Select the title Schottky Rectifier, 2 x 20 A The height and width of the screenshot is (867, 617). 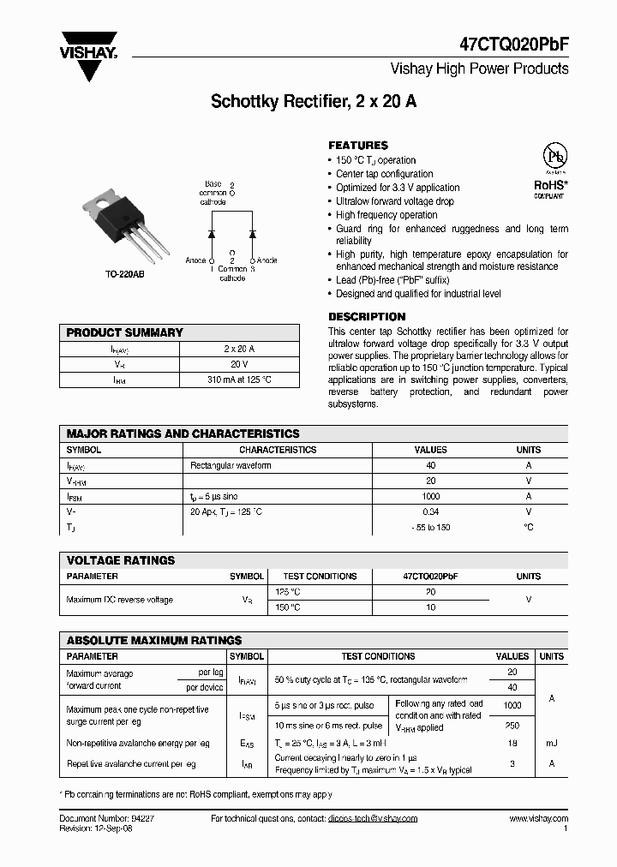[x=314, y=101]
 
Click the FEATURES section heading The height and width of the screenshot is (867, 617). [x=358, y=146]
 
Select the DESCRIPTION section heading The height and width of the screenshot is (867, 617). [x=367, y=316]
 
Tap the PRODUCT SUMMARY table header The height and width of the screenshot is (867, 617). [x=125, y=332]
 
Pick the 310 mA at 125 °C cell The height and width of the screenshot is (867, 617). [x=240, y=380]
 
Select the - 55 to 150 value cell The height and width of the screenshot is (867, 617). [x=430, y=527]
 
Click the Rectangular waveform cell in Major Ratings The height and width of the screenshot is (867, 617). [x=231, y=465]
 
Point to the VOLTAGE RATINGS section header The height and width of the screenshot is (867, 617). [x=121, y=560]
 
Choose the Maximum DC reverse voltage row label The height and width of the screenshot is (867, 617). [x=120, y=600]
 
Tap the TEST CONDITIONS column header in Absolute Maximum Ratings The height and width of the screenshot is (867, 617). [x=378, y=656]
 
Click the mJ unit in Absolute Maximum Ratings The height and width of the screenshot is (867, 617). [x=551, y=744]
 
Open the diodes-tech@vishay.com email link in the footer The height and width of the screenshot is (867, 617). [x=372, y=818]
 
